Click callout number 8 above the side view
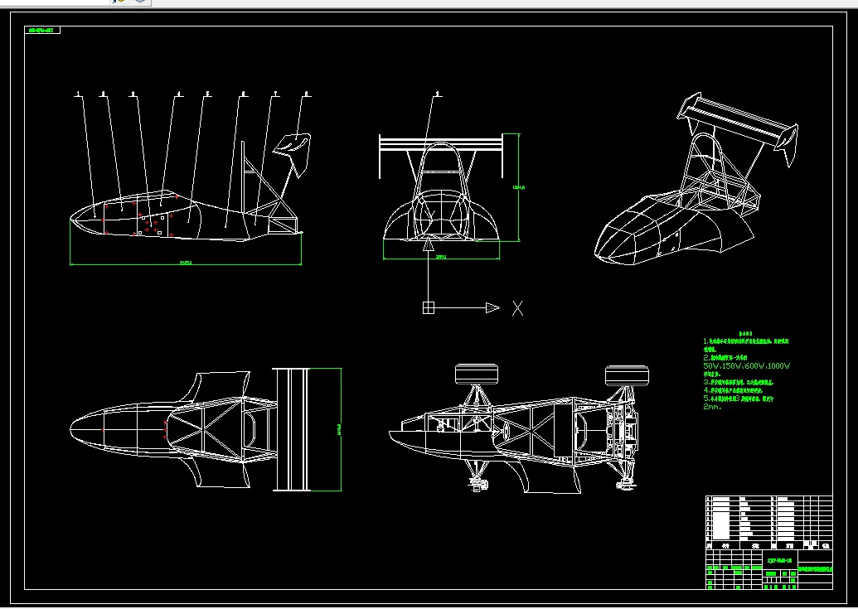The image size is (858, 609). click(x=307, y=93)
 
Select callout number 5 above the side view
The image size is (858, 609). click(x=207, y=93)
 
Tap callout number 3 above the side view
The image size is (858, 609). click(x=133, y=94)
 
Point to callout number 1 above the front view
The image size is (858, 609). click(x=438, y=93)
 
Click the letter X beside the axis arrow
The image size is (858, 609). click(x=517, y=308)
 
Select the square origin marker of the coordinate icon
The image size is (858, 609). click(x=428, y=308)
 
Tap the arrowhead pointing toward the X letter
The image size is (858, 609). click(x=492, y=308)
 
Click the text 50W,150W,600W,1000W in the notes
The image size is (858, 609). click(x=747, y=365)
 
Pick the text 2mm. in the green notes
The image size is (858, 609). click(x=713, y=407)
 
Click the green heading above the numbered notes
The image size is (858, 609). click(x=744, y=333)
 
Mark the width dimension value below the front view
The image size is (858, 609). click(x=441, y=257)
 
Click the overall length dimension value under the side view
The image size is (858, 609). click(x=186, y=263)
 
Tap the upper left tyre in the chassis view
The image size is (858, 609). click(x=476, y=375)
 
